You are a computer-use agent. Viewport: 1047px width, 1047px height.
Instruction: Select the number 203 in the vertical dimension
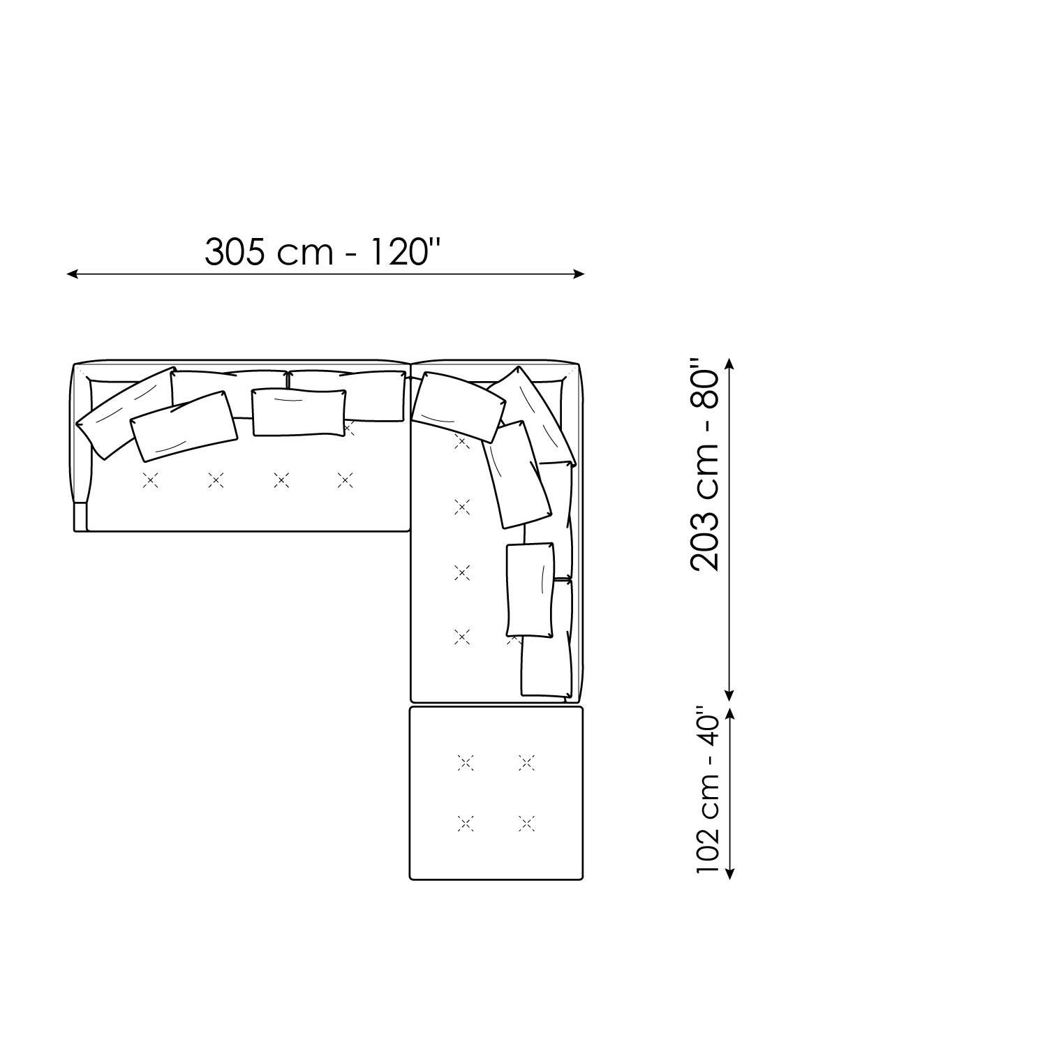705,542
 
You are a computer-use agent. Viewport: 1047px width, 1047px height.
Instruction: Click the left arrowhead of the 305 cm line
71,274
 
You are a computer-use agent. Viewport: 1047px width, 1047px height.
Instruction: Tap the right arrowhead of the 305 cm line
579,274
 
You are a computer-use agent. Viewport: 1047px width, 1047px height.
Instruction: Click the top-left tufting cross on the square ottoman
466,763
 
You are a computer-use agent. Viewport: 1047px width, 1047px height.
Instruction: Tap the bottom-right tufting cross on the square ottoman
527,824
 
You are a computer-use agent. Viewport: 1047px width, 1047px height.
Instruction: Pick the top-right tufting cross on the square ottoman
527,763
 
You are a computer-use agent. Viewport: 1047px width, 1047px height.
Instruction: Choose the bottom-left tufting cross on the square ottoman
466,824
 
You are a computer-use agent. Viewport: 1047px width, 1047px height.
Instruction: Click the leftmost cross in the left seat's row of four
150,480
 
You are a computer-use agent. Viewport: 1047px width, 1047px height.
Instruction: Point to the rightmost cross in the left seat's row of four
345,480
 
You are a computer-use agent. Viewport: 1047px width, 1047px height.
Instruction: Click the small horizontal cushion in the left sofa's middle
299,413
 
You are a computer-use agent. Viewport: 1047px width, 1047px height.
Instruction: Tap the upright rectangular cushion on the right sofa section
530,590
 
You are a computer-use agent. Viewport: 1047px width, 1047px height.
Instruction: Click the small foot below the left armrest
80,517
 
